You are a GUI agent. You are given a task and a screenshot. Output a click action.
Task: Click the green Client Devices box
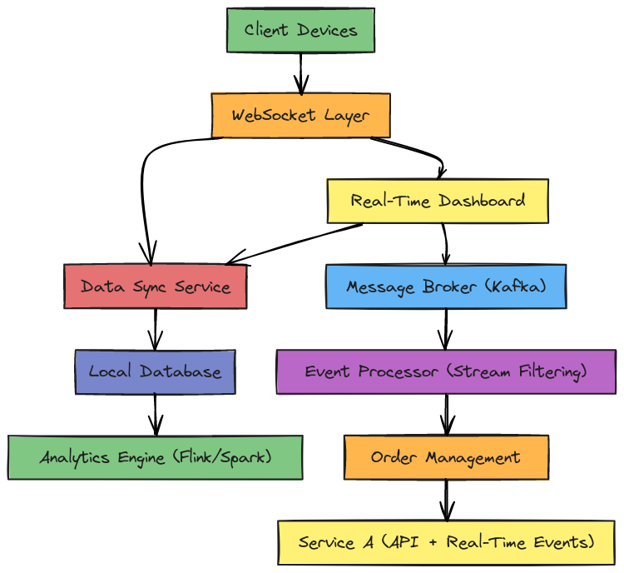(300, 31)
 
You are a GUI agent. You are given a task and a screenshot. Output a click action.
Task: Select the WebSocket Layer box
(300, 115)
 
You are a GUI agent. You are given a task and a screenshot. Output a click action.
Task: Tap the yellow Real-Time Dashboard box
(438, 201)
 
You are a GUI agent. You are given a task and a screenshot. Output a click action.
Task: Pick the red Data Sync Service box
(156, 286)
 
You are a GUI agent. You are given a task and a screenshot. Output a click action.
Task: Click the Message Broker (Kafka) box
(446, 286)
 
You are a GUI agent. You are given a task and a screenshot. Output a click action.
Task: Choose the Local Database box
(156, 371)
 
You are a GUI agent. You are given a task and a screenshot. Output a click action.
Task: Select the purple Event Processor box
(446, 371)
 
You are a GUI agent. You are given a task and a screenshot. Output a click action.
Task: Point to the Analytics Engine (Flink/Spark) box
(156, 457)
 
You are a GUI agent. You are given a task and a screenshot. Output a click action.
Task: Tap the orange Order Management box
(446, 457)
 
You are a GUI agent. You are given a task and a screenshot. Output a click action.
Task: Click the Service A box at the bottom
(446, 542)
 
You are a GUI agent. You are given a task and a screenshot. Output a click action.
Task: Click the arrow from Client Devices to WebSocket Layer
(300, 72)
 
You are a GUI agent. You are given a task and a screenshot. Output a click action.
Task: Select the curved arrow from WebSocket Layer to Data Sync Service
(144, 192)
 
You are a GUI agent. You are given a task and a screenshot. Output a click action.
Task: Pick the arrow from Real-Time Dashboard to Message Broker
(446, 243)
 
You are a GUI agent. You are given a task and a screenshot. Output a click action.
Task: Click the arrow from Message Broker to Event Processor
(446, 329)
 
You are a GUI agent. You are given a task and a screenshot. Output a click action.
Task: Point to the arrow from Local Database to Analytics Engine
(156, 414)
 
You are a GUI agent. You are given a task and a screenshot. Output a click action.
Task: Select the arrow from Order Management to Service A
(446, 500)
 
